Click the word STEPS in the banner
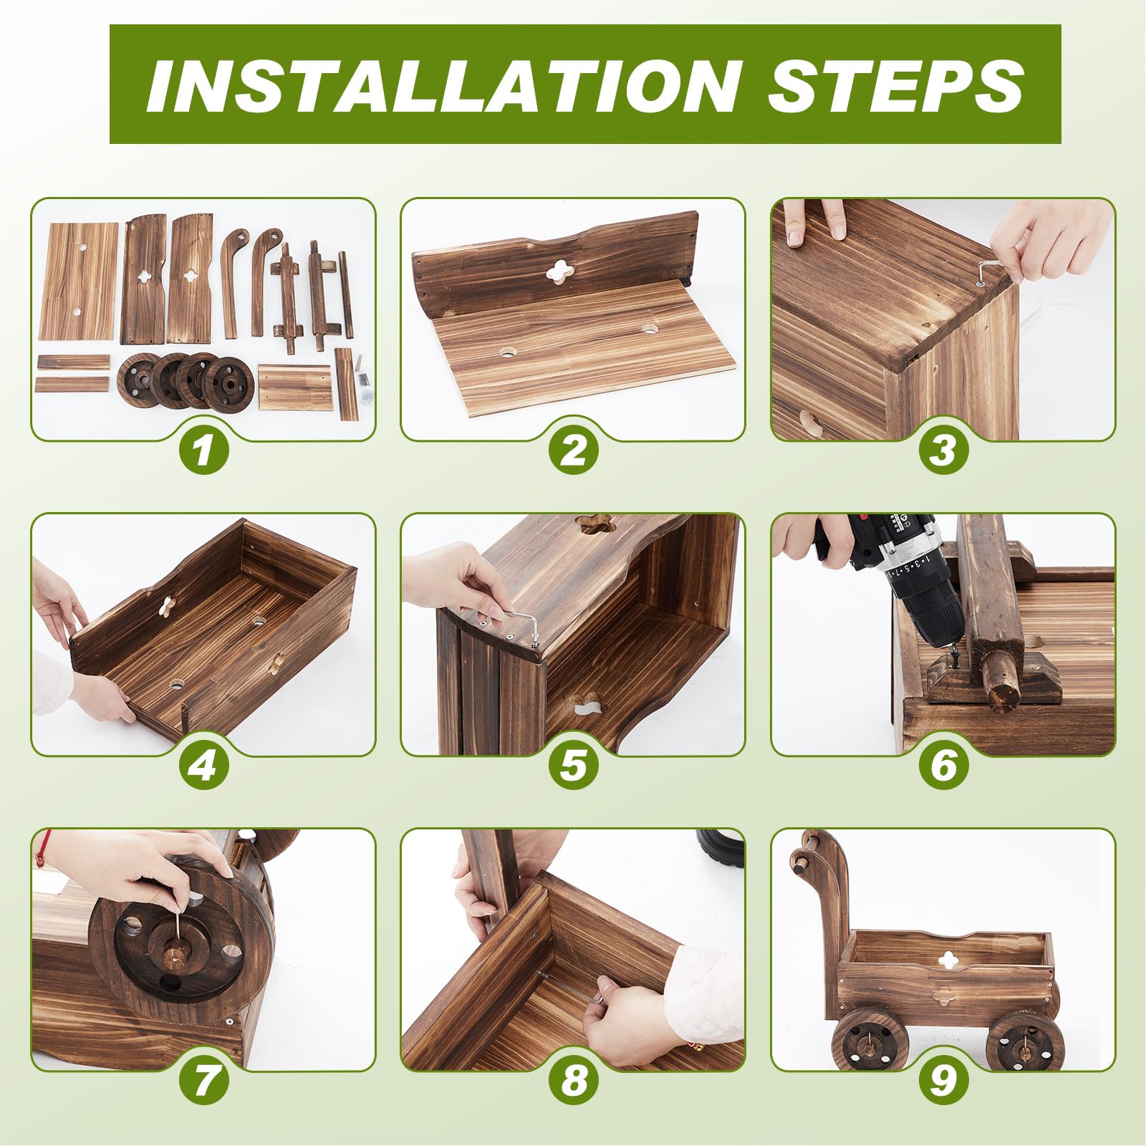pos(896,85)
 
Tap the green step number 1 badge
pos(203,451)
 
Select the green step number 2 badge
pos(573,451)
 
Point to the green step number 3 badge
pos(943,451)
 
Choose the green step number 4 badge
pos(203,766)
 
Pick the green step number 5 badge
pos(573,766)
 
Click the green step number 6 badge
pos(943,766)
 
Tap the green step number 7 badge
pos(203,1081)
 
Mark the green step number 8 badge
pos(573,1081)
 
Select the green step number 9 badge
pos(943,1081)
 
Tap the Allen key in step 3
pos(989,273)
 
